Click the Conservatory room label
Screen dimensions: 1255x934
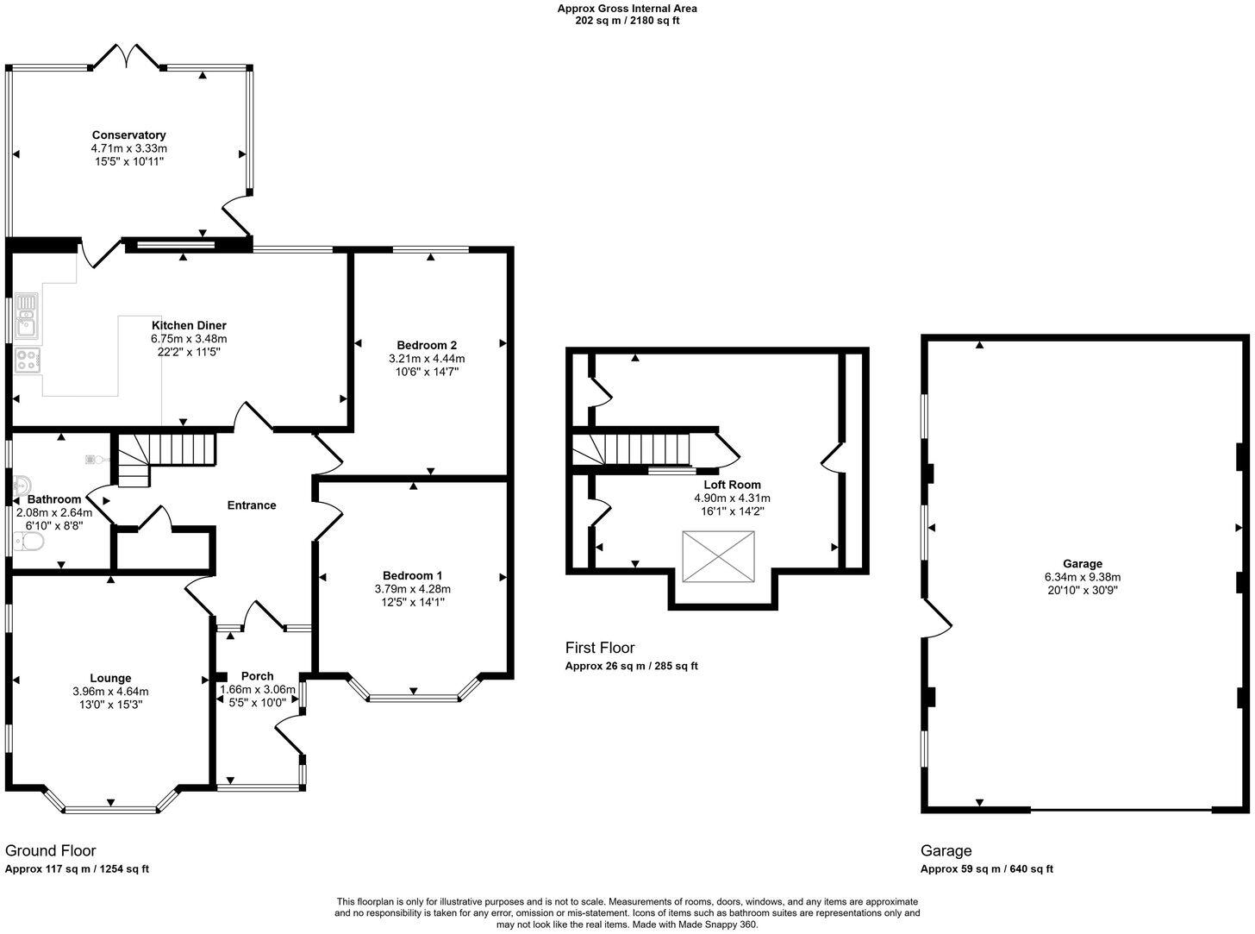tap(129, 135)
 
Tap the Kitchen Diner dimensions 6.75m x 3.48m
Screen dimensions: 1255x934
tap(189, 339)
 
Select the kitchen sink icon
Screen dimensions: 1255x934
tap(27, 315)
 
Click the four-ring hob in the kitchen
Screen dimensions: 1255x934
tap(28, 360)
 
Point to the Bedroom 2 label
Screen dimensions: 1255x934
tap(427, 345)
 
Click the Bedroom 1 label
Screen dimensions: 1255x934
tap(413, 575)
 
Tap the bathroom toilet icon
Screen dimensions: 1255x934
tap(28, 542)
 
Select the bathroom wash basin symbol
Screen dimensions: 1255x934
tap(22, 486)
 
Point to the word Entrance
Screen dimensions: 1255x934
tap(252, 505)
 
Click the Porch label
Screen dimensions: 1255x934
tap(258, 676)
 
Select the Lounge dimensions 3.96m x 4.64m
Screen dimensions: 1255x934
tap(111, 692)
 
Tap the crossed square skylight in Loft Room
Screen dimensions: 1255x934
tap(719, 556)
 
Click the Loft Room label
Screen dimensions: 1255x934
tap(732, 485)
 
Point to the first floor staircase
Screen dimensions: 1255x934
tap(632, 448)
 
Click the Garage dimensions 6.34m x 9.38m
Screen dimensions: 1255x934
tap(1083, 577)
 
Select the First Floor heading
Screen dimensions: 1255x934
tap(600, 648)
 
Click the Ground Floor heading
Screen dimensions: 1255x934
tap(50, 850)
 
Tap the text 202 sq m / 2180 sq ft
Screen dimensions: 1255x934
tap(627, 21)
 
